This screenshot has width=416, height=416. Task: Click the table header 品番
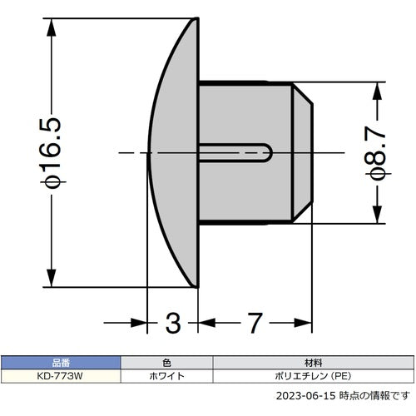pos(61,364)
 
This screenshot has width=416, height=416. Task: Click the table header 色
pos(167,364)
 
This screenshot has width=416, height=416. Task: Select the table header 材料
pos(314,364)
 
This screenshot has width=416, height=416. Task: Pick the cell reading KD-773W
pos(61,376)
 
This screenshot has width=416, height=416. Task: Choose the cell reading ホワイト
pos(167,376)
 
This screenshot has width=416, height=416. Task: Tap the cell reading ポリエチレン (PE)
pos(314,376)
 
